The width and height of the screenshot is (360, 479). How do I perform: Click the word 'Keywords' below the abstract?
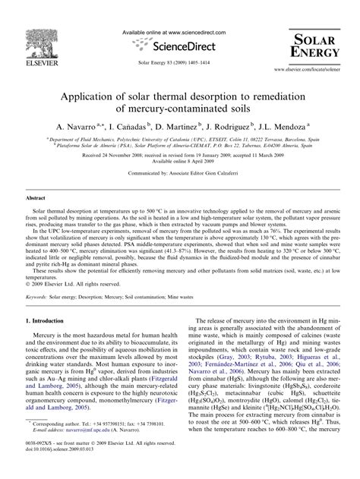point(39,276)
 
